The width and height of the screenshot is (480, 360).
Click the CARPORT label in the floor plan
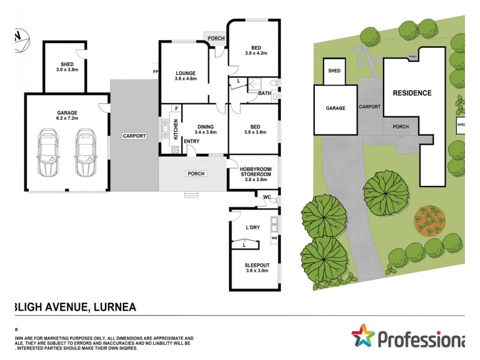click(x=134, y=136)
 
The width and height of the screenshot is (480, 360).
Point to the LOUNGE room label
click(x=185, y=76)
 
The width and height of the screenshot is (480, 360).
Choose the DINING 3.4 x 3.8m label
click(x=205, y=129)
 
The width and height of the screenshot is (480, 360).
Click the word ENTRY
click(x=192, y=142)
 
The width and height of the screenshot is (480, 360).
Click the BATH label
click(x=265, y=93)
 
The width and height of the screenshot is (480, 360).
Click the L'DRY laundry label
click(x=253, y=227)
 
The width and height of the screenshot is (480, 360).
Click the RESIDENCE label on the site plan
click(x=412, y=93)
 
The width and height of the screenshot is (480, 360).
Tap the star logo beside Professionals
click(x=362, y=335)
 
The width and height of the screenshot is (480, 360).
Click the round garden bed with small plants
click(x=430, y=221)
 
